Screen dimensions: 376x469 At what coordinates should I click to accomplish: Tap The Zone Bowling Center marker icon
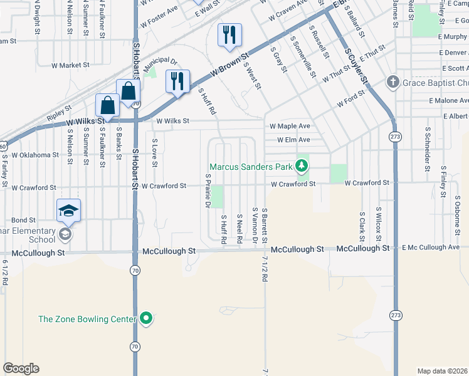[146, 319]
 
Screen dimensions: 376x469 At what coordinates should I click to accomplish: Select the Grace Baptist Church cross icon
[393, 82]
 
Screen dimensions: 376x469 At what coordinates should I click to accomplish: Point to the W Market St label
[71, 65]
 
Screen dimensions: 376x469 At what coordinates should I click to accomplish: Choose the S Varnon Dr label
[255, 226]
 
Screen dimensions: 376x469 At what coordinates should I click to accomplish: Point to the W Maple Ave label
[290, 127]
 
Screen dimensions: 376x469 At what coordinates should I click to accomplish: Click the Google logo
[21, 368]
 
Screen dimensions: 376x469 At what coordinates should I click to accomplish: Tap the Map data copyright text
[443, 371]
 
